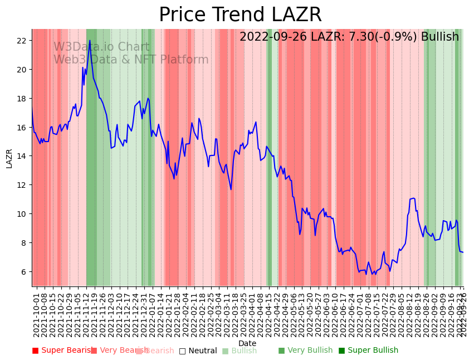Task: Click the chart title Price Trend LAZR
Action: tap(240, 15)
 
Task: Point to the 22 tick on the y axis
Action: tap(22, 41)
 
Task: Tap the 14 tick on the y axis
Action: tap(22, 156)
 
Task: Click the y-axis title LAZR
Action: tap(9, 158)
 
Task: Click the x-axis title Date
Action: tap(247, 344)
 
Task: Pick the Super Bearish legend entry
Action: tap(62, 351)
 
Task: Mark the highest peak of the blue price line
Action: tap(90, 40)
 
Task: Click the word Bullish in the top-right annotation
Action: tap(440, 37)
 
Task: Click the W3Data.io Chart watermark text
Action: tap(101, 47)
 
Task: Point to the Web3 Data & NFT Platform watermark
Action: tap(131, 60)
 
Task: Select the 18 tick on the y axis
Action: tap(22, 99)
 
